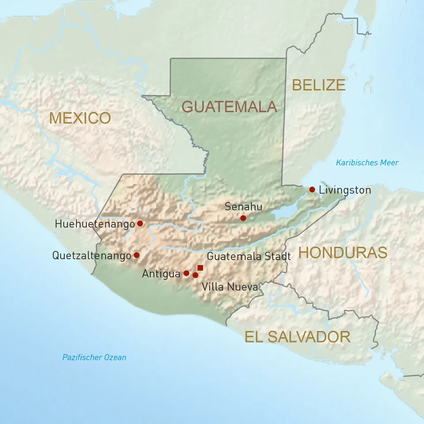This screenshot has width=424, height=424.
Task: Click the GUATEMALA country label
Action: (229, 106)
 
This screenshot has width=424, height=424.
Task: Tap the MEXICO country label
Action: (80, 118)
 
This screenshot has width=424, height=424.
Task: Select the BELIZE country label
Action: (318, 84)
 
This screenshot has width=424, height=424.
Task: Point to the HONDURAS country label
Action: (343, 253)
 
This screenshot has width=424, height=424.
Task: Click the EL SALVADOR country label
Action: (298, 337)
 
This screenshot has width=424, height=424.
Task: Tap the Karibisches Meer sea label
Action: (367, 163)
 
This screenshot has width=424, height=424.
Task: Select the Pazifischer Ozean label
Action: (94, 357)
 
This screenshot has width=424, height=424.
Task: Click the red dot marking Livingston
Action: (312, 189)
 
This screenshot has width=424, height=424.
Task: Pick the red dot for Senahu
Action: (243, 218)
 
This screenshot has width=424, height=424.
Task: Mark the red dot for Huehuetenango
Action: (140, 223)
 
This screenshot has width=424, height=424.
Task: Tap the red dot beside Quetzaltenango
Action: (136, 255)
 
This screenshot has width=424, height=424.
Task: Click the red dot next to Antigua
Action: (186, 273)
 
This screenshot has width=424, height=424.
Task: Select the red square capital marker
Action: (200, 268)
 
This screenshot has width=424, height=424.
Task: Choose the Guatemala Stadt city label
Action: (249, 256)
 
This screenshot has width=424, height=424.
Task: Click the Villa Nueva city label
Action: (230, 287)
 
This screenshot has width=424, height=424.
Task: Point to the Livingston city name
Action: (344, 190)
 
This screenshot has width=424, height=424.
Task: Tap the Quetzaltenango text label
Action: (91, 255)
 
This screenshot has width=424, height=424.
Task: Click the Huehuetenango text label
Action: (95, 224)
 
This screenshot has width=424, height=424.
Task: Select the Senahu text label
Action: (243, 206)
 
